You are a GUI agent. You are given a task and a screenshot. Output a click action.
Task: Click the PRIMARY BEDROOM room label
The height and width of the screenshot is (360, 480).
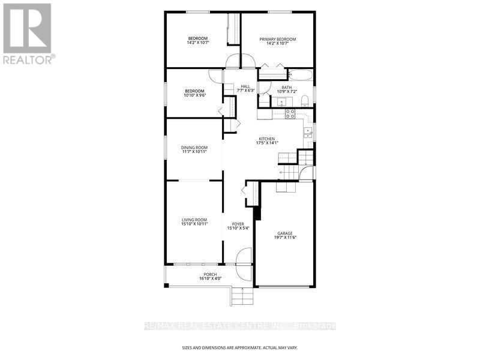(x=277, y=39)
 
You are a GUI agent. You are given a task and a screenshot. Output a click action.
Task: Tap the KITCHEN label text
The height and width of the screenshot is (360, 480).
(x=267, y=139)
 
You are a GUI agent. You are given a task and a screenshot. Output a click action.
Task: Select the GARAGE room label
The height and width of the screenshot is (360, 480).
(x=285, y=233)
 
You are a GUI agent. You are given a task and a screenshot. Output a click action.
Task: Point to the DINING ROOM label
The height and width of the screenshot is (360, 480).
(x=194, y=148)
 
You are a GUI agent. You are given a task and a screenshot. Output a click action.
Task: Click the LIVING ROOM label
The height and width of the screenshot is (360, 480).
(x=194, y=220)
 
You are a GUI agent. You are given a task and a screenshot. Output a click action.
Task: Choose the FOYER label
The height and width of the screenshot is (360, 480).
(x=238, y=224)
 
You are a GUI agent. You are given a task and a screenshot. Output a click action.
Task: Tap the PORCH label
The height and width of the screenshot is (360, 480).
(x=210, y=275)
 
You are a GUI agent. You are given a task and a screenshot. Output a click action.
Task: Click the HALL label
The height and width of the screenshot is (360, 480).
(x=245, y=86)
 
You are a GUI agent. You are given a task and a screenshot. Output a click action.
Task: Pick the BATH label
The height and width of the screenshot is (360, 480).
(x=287, y=88)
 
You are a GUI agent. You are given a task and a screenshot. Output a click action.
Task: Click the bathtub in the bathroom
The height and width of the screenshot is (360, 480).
(x=301, y=75)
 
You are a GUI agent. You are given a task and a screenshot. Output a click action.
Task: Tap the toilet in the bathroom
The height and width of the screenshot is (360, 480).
(x=305, y=101)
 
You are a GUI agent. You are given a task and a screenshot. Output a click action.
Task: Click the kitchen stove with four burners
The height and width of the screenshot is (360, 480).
(x=290, y=114)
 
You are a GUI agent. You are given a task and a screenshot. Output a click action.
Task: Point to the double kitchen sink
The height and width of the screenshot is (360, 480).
(x=308, y=133)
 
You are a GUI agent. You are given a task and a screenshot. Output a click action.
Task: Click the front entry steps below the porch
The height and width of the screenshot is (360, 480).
(x=242, y=296)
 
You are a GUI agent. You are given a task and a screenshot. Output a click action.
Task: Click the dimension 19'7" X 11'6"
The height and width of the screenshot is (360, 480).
(x=285, y=237)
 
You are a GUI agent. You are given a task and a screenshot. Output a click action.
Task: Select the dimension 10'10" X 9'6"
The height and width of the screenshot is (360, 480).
(x=194, y=95)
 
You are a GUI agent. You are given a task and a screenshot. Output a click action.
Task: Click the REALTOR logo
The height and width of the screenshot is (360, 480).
(x=28, y=34)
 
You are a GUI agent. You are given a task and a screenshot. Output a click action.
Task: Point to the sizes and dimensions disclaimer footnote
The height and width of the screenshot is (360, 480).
(x=239, y=348)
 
